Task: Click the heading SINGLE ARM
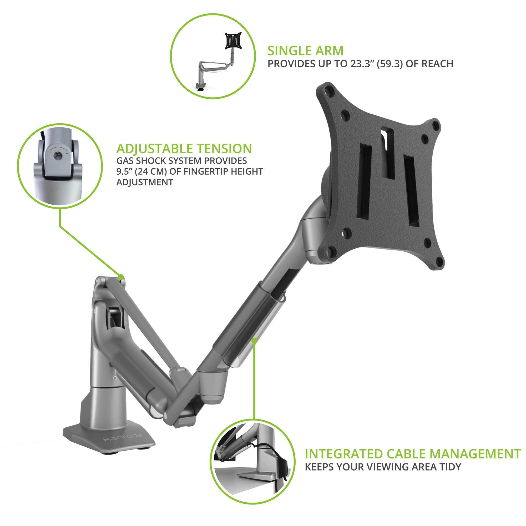(x=305, y=51)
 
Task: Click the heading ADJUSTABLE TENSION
(x=184, y=149)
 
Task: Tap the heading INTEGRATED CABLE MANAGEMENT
(x=413, y=454)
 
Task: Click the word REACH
(x=438, y=64)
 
